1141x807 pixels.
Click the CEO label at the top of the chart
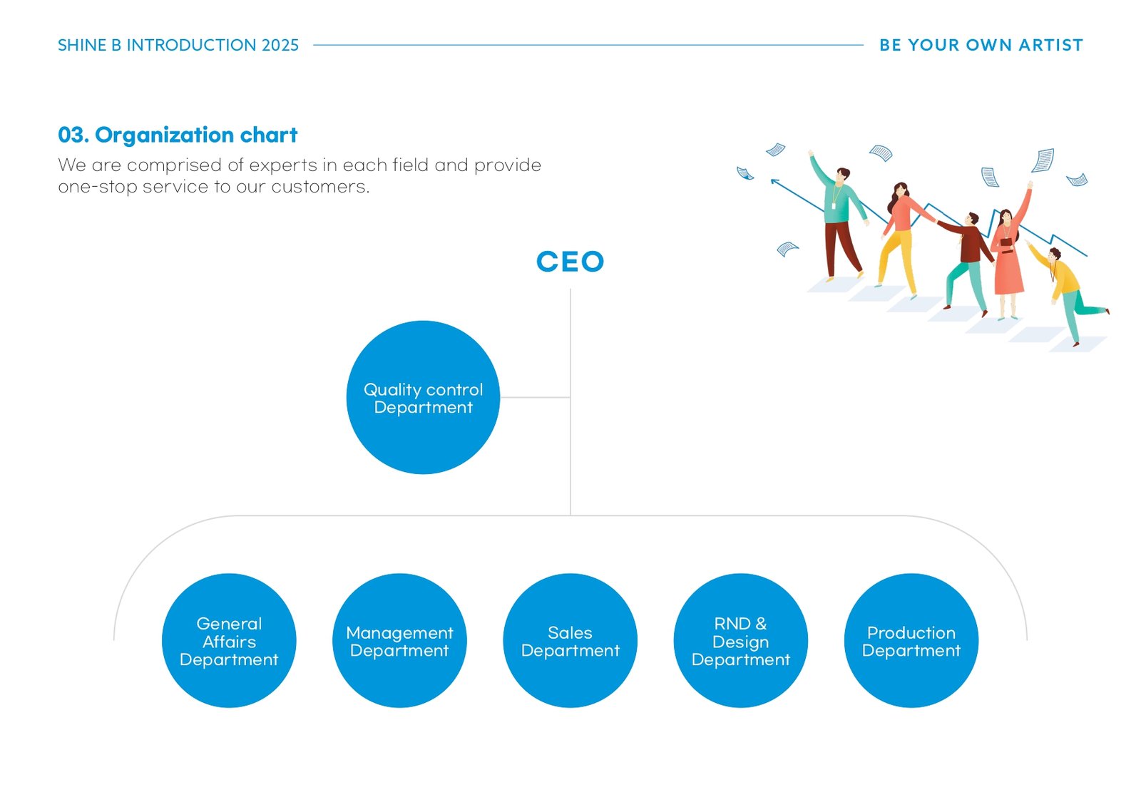pyautogui.click(x=570, y=262)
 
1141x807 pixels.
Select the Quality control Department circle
pyautogui.click(x=423, y=397)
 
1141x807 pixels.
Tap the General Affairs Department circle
pyautogui.click(x=229, y=640)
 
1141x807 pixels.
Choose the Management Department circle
pyautogui.click(x=399, y=640)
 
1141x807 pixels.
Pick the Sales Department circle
pyautogui.click(x=570, y=640)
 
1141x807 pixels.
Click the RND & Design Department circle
pyautogui.click(x=741, y=640)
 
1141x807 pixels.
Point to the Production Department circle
pyautogui.click(x=911, y=640)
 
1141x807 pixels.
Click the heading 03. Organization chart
pyautogui.click(x=178, y=135)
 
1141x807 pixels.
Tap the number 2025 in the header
pyautogui.click(x=280, y=45)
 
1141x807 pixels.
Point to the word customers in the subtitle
pyautogui.click(x=320, y=187)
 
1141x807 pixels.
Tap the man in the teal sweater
pyautogui.click(x=839, y=217)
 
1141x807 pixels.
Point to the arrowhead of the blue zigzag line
pyautogui.click(x=774, y=181)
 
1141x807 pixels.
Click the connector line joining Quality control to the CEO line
pyautogui.click(x=535, y=397)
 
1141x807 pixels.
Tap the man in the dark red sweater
pyautogui.click(x=968, y=259)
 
